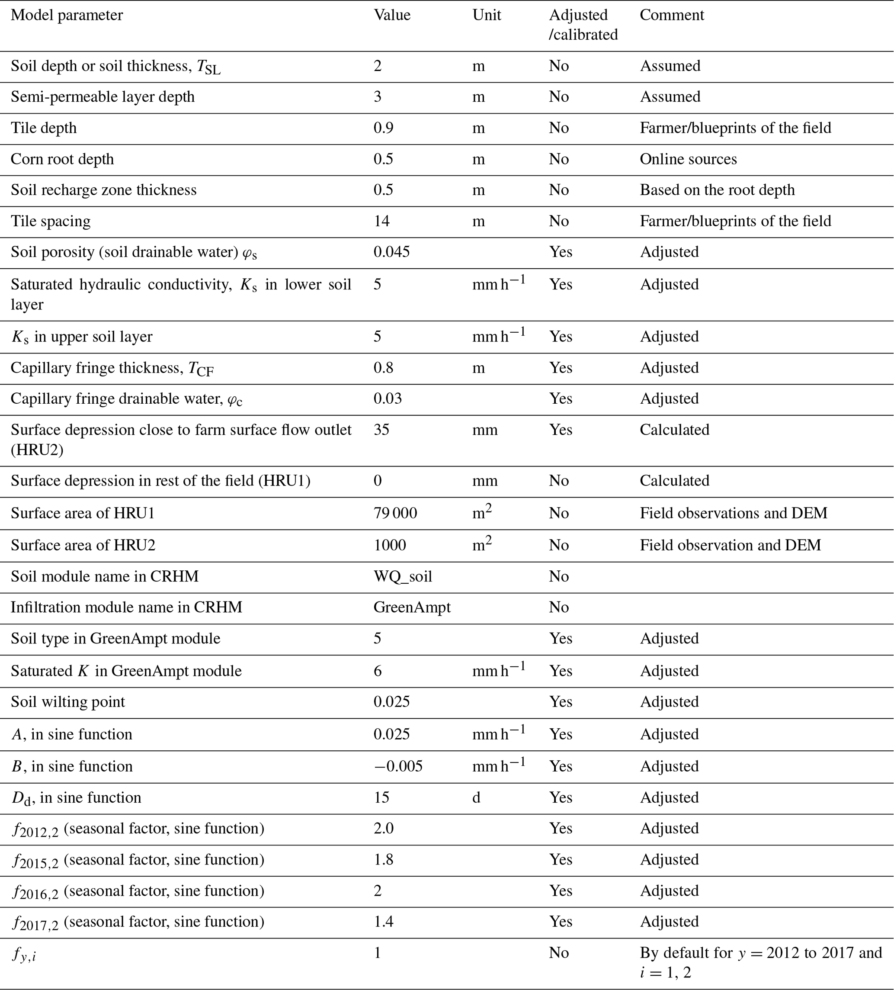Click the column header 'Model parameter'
(x=67, y=15)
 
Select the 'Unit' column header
(x=486, y=15)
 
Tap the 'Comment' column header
(x=671, y=15)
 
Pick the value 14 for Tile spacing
(x=381, y=222)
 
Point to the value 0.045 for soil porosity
(x=391, y=252)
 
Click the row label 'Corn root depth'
(x=62, y=159)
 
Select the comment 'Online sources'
(x=688, y=159)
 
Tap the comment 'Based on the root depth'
(x=717, y=190)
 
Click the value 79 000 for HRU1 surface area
(x=395, y=513)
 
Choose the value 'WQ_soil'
(x=403, y=576)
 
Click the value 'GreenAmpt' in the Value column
(x=411, y=607)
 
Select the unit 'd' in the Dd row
(x=476, y=797)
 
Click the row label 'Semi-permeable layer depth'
(x=103, y=97)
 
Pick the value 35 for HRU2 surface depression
(x=381, y=430)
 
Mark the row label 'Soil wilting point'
(x=68, y=702)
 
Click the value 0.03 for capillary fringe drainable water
(x=388, y=398)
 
